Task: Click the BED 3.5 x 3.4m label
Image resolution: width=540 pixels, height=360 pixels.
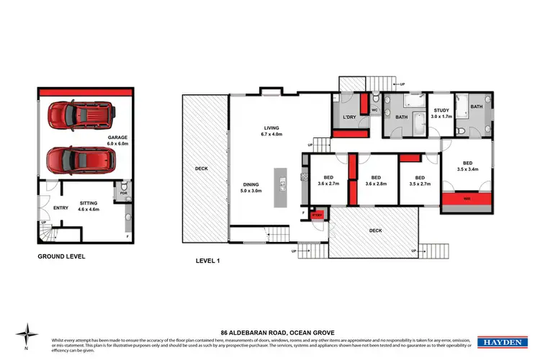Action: (x=467, y=166)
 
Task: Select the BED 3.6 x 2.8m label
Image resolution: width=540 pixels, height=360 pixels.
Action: (x=375, y=181)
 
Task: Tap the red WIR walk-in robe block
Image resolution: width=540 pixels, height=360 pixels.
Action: (x=466, y=199)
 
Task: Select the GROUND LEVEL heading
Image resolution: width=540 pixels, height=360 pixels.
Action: (x=62, y=256)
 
